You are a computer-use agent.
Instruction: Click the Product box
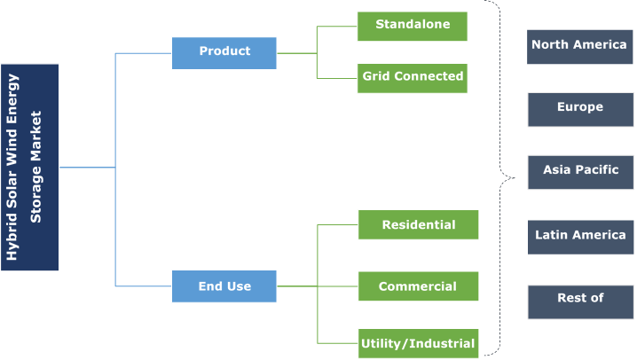click(x=224, y=53)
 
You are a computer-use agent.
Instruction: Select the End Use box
click(x=224, y=286)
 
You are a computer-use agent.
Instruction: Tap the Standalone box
click(x=413, y=27)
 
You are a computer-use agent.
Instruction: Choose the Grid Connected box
click(x=413, y=78)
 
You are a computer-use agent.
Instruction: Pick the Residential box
click(x=419, y=225)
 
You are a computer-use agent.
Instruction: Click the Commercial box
click(x=419, y=286)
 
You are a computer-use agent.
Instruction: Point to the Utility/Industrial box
click(x=419, y=343)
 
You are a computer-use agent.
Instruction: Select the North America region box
click(x=579, y=47)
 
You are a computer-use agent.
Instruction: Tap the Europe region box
click(x=580, y=110)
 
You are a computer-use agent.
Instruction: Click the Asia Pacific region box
click(x=580, y=172)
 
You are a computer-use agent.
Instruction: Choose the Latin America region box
click(x=580, y=238)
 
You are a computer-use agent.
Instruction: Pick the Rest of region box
click(x=580, y=302)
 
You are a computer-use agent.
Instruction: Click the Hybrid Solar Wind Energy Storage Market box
click(x=29, y=168)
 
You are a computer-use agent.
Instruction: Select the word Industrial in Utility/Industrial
click(x=442, y=343)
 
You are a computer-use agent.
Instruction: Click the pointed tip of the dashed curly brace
click(x=515, y=177)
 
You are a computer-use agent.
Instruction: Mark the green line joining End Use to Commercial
click(x=318, y=286)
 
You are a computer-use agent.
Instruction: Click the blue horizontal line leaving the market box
click(x=87, y=168)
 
